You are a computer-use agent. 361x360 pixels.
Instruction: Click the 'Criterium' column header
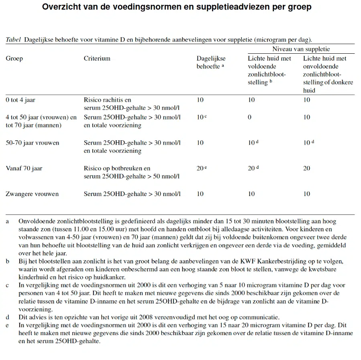coord(97,59)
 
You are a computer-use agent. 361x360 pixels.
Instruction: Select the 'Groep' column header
coord(14,59)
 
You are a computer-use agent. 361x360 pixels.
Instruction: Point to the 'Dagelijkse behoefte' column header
coord(210,62)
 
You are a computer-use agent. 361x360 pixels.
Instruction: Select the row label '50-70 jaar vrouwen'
coord(32,143)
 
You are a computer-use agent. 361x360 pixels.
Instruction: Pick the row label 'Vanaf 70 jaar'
coord(24,168)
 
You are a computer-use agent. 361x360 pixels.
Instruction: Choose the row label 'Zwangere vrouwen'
coord(32,194)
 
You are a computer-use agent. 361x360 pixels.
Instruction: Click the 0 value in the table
coord(249,117)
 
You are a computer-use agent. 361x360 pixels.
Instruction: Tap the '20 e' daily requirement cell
coord(201,168)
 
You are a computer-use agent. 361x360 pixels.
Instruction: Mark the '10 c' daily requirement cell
coord(202,117)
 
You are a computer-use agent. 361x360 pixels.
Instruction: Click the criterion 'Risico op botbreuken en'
coord(117,168)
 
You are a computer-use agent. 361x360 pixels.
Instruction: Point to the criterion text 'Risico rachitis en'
coord(107,100)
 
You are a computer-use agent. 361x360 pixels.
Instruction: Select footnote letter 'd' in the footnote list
coord(8,318)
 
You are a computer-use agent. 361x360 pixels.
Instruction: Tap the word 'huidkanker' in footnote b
coord(111,277)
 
